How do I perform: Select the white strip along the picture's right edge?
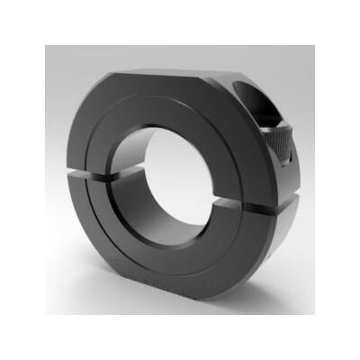pyautogui.click(x=356, y=180)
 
